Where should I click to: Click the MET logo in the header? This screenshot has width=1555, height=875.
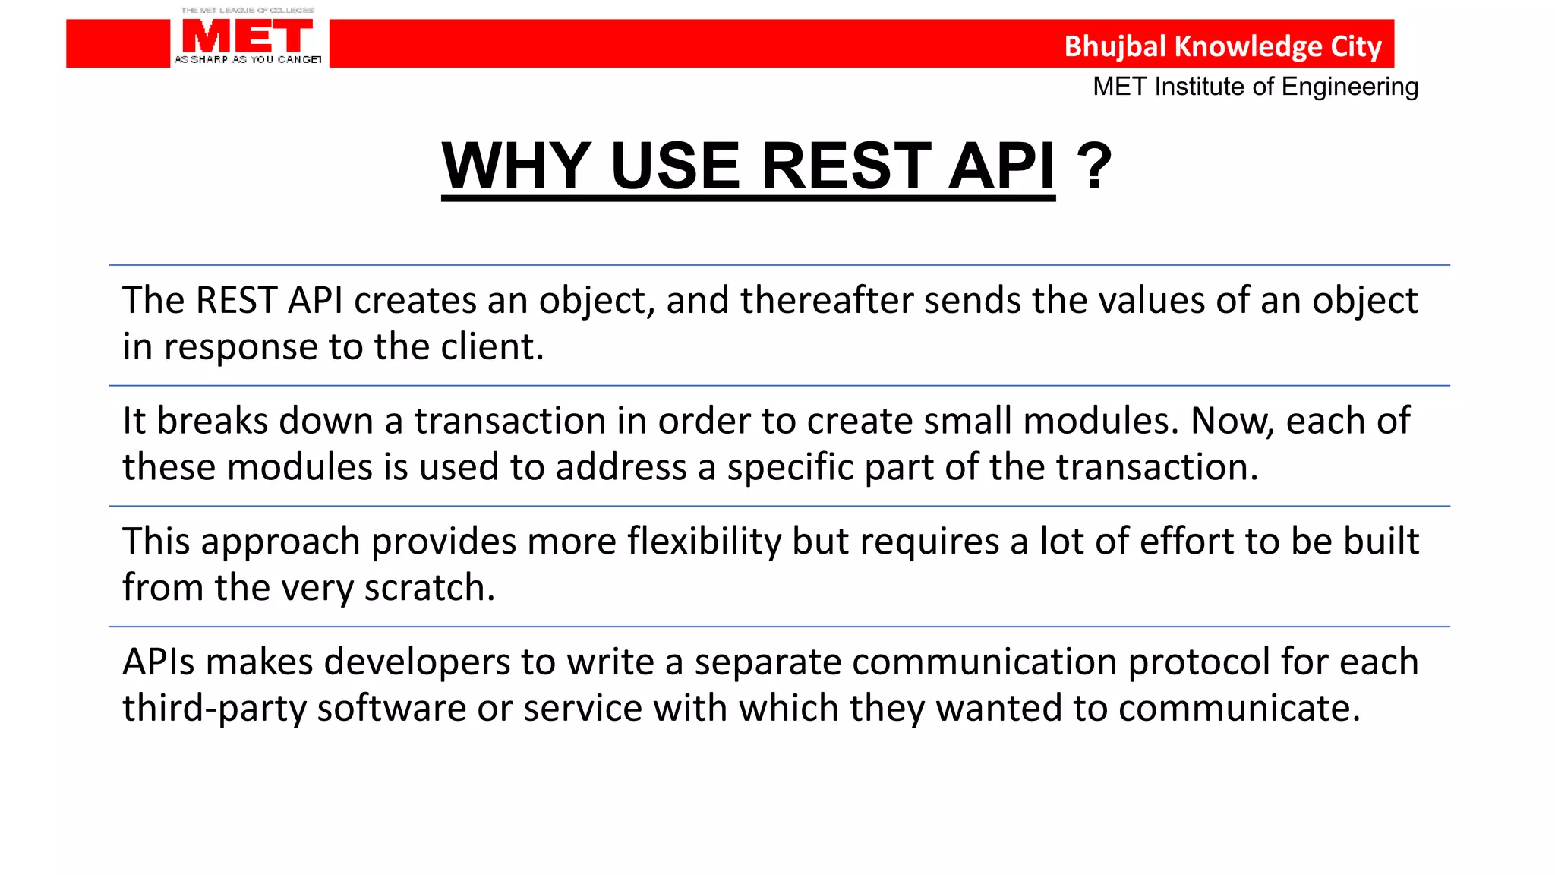[248, 36]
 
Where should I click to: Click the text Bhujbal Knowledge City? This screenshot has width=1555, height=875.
[1222, 46]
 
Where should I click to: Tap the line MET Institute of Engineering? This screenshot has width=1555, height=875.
[1255, 87]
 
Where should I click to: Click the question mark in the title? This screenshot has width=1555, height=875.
[1094, 166]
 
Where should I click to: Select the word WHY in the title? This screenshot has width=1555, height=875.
[516, 166]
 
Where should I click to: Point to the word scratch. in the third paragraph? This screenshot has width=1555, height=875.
[429, 588]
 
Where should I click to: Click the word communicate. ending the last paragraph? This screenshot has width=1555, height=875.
[1238, 709]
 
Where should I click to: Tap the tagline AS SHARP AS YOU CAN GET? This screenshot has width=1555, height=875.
[248, 59]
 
